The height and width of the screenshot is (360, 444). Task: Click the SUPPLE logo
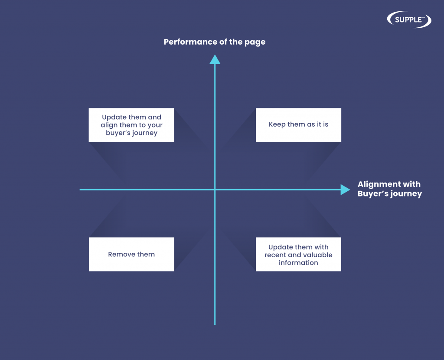click(409, 20)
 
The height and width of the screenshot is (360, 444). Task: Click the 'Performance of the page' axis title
click(215, 42)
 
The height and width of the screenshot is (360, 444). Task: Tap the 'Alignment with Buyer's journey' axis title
click(390, 189)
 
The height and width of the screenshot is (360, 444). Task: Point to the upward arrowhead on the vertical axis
click(215, 59)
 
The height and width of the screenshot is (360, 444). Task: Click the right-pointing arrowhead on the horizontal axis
click(345, 190)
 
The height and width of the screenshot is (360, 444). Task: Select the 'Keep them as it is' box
click(298, 125)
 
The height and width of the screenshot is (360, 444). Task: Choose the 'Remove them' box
click(131, 254)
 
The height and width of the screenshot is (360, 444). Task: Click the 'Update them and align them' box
click(131, 125)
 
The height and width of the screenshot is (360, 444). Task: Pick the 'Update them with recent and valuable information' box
click(298, 254)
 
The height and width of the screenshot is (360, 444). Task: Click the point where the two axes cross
click(215, 190)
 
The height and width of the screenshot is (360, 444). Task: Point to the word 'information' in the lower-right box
click(298, 262)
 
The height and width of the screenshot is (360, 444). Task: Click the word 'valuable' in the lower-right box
click(318, 255)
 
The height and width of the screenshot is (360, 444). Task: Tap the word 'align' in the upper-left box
click(109, 125)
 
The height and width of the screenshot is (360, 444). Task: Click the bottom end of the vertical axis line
click(215, 324)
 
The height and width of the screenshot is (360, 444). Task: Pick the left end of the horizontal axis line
click(80, 190)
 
